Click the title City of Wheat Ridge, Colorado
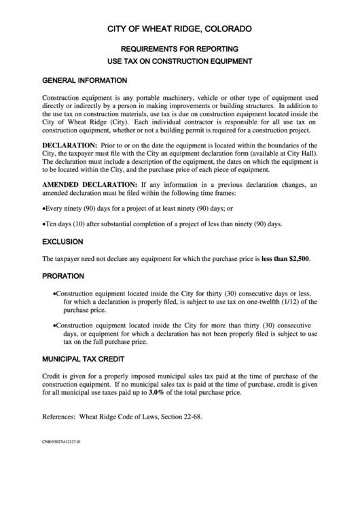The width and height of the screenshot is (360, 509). tap(180, 29)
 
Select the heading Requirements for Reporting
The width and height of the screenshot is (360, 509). tap(179, 50)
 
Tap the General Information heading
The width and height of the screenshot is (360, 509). tap(84, 80)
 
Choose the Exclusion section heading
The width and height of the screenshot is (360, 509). tap(62, 241)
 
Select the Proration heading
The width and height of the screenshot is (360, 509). tap(63, 277)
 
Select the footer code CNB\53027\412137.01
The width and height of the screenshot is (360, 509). tap(61, 442)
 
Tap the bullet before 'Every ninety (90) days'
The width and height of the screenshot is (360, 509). tap(44, 208)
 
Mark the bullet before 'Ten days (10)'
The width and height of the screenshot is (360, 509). tap(44, 224)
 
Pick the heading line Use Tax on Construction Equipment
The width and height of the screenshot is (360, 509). tap(179, 61)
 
